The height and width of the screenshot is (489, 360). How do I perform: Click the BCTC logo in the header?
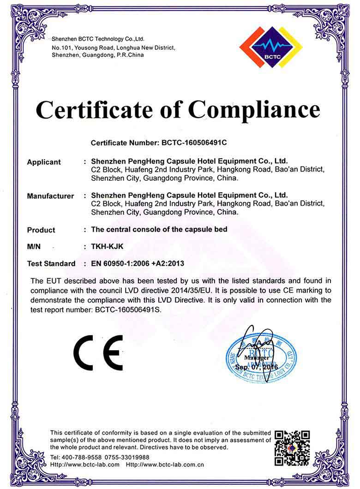(271, 47)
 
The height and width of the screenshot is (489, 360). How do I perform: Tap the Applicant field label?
(44, 162)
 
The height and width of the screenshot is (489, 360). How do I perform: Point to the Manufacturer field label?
(50, 196)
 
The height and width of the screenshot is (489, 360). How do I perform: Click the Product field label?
(41, 230)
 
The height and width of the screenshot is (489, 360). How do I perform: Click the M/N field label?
(34, 247)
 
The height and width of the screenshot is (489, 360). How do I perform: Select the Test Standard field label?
(51, 264)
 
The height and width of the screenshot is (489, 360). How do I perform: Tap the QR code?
(292, 448)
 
